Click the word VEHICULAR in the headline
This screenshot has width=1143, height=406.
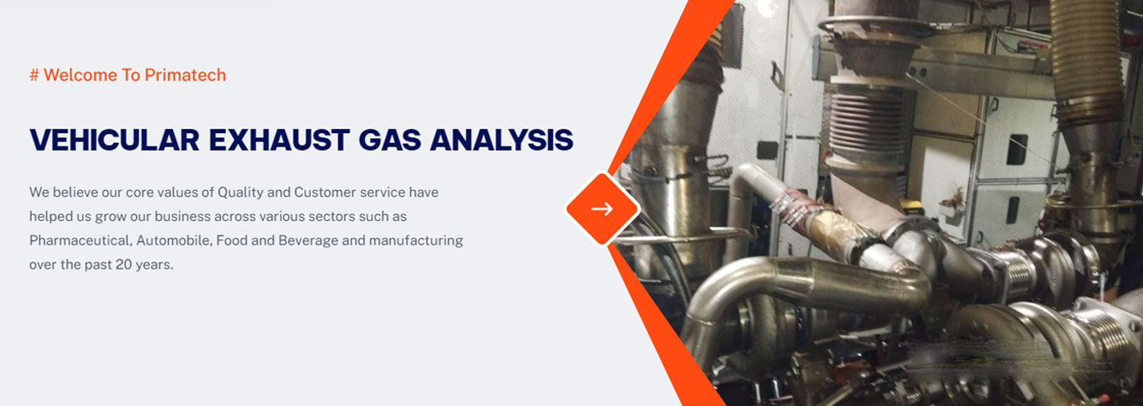pos(115,140)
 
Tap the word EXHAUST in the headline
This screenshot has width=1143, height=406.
pos(279,140)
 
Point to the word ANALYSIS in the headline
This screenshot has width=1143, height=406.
pos(501,140)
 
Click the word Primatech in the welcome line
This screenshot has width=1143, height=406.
pos(185,75)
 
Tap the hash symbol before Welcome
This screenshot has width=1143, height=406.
pos(34,75)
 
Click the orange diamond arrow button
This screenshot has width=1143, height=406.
pos(602,208)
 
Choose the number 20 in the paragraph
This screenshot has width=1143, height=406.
pos(124,265)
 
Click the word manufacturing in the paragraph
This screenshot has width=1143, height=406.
pos(416,240)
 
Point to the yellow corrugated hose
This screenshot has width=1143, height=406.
pos(1086,56)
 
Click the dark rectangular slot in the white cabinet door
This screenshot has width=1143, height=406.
pos(1017,149)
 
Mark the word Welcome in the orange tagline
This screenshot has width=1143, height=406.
pos(80,75)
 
